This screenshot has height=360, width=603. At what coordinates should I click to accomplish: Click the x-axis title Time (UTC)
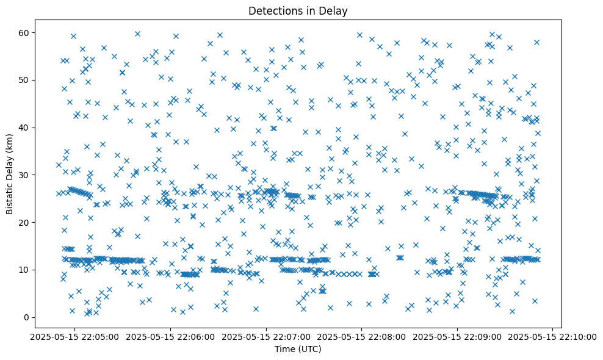[298, 350]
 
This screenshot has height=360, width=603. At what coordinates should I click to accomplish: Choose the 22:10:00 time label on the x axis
[554, 337]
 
